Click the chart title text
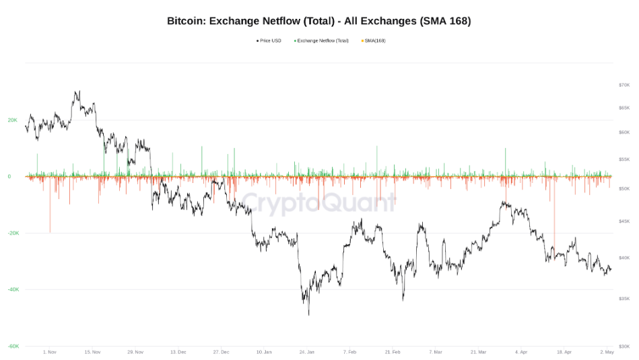(x=319, y=21)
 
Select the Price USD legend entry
(x=269, y=41)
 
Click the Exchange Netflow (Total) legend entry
(x=323, y=41)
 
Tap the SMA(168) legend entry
(x=374, y=41)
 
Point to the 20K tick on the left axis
(x=13, y=120)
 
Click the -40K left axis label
(x=13, y=289)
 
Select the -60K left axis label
(x=13, y=346)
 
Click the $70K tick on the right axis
(x=624, y=85)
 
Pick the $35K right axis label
(x=624, y=298)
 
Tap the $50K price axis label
(x=624, y=189)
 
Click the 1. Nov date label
(x=49, y=352)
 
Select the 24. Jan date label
(x=306, y=352)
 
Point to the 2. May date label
(x=607, y=352)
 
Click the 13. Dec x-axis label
(x=178, y=352)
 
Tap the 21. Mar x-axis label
(x=478, y=352)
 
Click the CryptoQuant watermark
(x=319, y=202)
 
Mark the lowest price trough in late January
(x=308, y=314)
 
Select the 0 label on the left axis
(x=9, y=176)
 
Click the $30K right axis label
(x=624, y=346)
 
